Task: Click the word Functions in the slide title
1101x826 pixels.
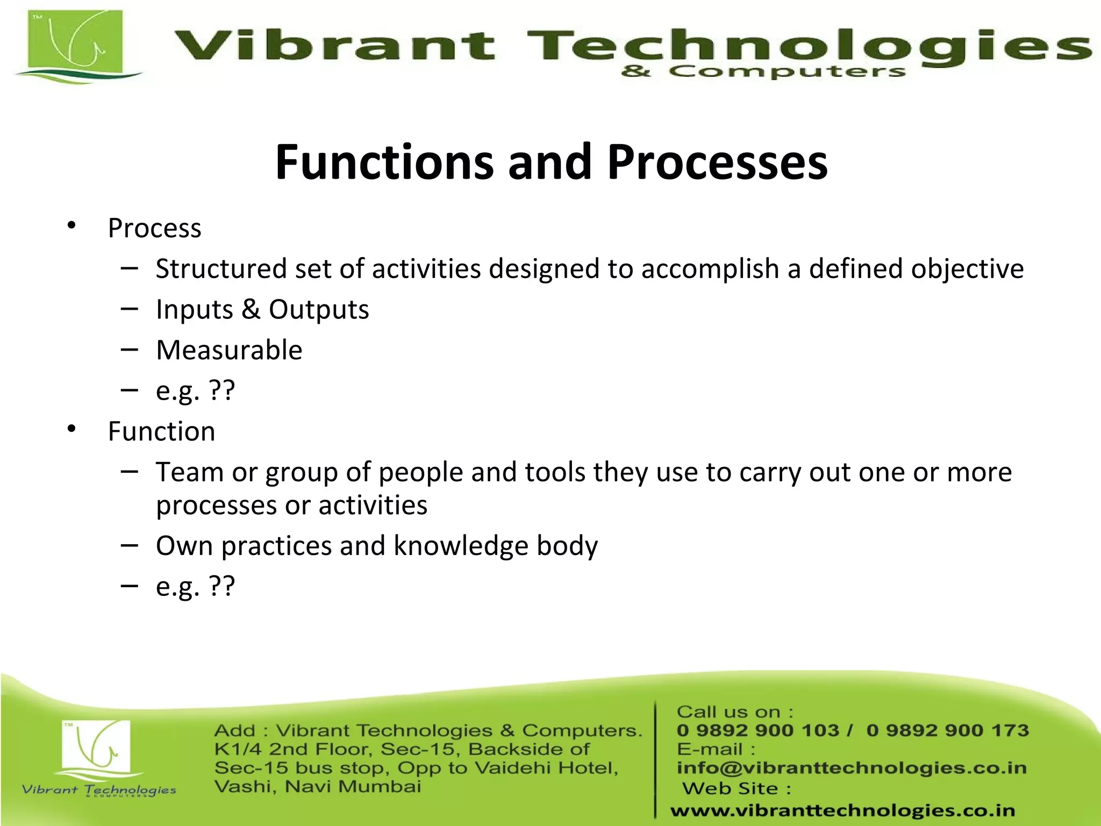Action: (x=384, y=162)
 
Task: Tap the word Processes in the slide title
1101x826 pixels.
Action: (x=717, y=162)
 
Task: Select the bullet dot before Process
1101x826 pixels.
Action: (x=72, y=226)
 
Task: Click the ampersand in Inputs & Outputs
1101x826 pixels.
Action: (x=251, y=309)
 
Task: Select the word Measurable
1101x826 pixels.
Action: (x=229, y=350)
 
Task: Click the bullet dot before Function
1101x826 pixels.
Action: (x=72, y=429)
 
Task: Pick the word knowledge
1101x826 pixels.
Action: (x=461, y=546)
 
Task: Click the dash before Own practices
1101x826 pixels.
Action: (x=130, y=545)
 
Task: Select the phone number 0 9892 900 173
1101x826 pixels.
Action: (x=947, y=730)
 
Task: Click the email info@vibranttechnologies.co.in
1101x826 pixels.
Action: (x=852, y=768)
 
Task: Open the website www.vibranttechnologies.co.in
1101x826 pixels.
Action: (x=842, y=810)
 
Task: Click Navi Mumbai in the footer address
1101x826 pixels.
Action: (x=353, y=787)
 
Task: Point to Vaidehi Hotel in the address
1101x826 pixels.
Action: (x=546, y=768)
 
